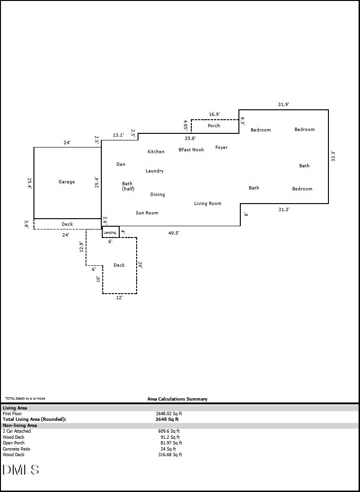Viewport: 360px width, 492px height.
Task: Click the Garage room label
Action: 66,182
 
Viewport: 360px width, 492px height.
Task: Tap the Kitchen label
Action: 156,152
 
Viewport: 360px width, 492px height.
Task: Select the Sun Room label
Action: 147,213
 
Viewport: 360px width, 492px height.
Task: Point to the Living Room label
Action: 208,204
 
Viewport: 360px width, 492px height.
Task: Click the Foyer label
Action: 221,148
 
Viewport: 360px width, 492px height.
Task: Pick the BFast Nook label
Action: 191,150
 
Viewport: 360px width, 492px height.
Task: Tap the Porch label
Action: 214,126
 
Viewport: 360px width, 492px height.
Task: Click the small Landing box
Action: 110,232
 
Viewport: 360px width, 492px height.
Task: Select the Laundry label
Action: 155,171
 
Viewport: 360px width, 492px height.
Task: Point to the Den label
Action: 121,164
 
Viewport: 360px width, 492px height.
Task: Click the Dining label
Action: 157,195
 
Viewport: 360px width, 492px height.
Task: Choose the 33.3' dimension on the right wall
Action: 333,156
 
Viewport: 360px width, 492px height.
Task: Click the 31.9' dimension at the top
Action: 284,105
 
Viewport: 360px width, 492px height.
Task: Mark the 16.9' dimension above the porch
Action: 214,114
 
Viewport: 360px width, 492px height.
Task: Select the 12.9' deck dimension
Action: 81,247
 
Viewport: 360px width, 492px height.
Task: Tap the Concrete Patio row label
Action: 16,449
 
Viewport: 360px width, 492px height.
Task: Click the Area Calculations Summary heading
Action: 177,399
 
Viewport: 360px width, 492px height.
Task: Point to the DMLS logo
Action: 21,469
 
